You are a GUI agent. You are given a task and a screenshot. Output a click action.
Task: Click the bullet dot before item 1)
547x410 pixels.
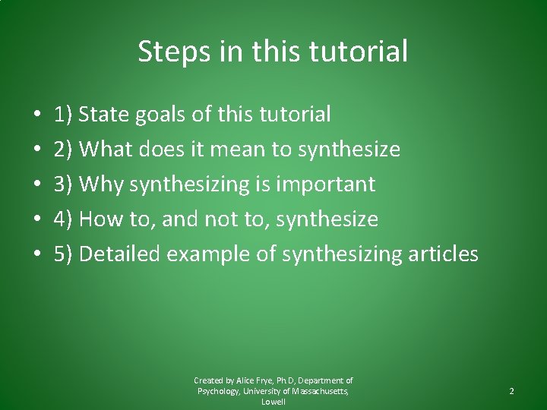[37, 115]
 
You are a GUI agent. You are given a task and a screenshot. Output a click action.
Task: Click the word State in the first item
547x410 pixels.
[104, 115]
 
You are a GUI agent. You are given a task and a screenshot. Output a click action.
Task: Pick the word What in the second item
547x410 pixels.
[107, 150]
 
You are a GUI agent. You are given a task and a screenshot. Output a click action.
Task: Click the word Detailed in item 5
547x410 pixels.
[120, 254]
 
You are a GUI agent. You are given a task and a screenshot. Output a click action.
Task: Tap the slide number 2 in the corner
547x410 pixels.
[511, 391]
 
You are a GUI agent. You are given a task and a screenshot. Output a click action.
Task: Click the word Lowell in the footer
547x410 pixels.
[273, 402]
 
